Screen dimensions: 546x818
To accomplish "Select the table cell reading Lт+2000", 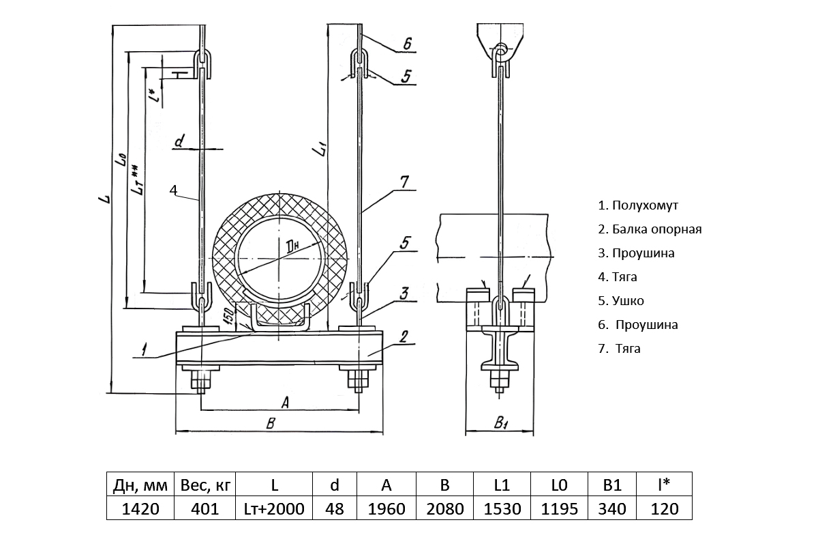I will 274,509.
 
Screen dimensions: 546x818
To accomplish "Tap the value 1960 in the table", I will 387,509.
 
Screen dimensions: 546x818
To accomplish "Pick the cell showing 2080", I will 444,509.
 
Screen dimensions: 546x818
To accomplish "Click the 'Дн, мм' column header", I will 140,485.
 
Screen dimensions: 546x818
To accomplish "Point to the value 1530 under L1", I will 502,509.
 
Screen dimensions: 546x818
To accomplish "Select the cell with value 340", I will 612,509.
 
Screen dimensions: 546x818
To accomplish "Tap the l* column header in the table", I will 664,485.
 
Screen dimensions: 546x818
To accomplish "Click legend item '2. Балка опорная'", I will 650,229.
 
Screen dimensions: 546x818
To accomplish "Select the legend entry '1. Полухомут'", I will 638,205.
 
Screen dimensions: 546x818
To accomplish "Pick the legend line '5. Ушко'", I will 620,301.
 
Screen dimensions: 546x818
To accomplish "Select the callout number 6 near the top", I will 406,44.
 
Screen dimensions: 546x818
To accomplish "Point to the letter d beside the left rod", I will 179,142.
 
